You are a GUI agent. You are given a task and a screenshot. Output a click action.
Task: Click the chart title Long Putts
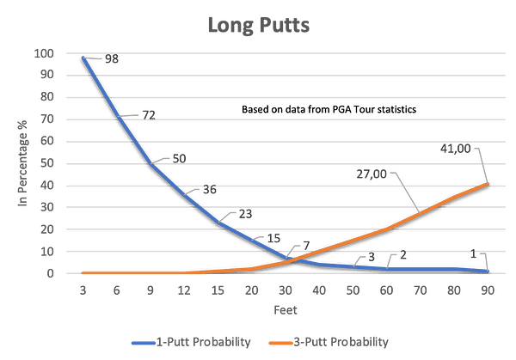click(x=258, y=24)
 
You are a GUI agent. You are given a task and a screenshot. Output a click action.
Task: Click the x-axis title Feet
click(x=286, y=307)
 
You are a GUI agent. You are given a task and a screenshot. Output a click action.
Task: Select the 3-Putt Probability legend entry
click(x=341, y=341)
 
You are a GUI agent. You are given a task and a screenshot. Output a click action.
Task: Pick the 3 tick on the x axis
click(x=83, y=290)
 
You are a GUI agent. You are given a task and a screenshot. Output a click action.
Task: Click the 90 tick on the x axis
click(x=488, y=290)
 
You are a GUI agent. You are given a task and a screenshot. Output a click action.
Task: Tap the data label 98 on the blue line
click(x=110, y=59)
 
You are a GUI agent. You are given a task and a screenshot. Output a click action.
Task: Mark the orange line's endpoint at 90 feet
click(x=488, y=183)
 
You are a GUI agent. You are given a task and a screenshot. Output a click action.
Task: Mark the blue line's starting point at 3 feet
click(x=83, y=58)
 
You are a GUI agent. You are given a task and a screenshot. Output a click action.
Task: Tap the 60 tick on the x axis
click(x=387, y=290)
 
